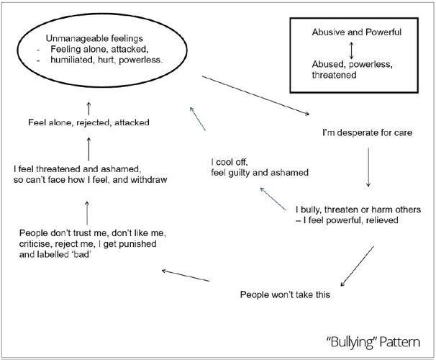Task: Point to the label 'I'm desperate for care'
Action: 367,133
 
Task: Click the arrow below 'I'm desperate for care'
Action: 368,167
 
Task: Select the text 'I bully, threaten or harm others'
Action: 358,209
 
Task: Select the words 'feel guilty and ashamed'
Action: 260,172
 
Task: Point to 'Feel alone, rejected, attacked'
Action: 88,122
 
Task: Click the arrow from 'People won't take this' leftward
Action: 185,276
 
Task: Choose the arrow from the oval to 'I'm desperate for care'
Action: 255,94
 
